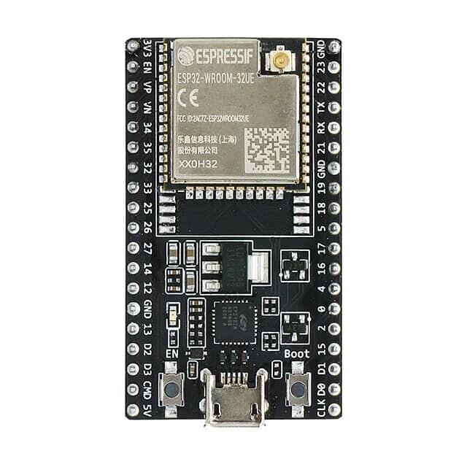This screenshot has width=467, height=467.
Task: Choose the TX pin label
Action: pyautogui.click(x=320, y=107)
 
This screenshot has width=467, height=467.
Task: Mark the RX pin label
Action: pyautogui.click(x=320, y=128)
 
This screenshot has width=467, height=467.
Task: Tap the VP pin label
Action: pyautogui.click(x=148, y=87)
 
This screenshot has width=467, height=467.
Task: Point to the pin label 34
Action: pyautogui.click(x=148, y=128)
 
